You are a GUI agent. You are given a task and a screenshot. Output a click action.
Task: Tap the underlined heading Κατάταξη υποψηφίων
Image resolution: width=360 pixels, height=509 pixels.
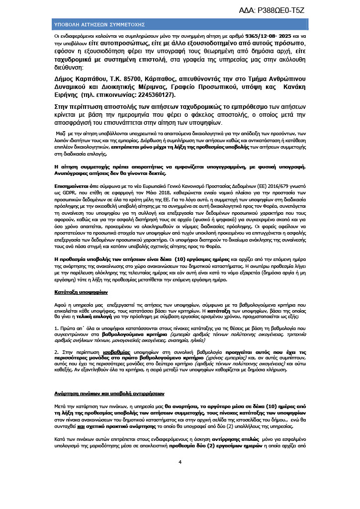[x=80, y=292]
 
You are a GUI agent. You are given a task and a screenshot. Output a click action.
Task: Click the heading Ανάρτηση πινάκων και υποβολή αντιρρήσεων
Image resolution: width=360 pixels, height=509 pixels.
[x=109, y=393]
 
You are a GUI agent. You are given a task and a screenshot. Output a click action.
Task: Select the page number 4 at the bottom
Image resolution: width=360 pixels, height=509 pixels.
[x=180, y=462]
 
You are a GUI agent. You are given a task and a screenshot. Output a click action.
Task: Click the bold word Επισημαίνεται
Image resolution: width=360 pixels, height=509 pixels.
[x=73, y=197]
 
